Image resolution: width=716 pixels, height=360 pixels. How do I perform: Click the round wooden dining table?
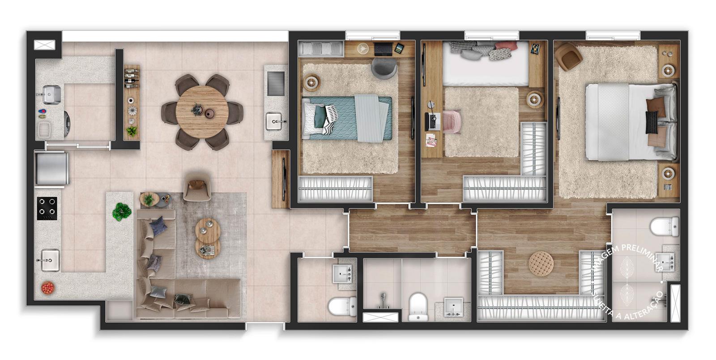tap(202, 112)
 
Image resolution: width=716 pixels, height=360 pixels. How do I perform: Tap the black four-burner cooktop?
tap(47, 209)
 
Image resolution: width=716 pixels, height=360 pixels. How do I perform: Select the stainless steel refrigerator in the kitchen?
tap(51, 169)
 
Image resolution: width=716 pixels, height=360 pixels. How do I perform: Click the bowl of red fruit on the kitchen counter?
tap(47, 288)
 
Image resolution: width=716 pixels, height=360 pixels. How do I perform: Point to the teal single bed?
tap(347, 118)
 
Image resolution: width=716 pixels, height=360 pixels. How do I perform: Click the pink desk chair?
tap(452, 121)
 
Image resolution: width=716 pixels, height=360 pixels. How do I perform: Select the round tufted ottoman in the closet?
tap(541, 263)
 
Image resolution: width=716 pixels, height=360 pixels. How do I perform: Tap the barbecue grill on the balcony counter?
tap(276, 83)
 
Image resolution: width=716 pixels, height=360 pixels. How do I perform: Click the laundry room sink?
tap(51, 94)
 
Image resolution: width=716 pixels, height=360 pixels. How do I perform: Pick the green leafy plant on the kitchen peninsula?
tap(121, 212)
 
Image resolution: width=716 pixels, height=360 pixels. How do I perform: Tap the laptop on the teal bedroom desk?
tap(383, 49)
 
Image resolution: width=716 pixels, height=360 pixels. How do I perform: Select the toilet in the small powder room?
tap(342, 306)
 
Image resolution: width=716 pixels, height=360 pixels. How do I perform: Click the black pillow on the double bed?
tap(652, 122)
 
